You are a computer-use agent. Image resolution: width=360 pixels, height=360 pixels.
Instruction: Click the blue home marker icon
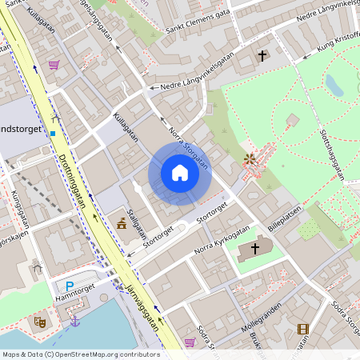pos(180,173)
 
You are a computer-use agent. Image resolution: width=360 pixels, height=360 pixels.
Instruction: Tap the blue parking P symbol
pos(70,286)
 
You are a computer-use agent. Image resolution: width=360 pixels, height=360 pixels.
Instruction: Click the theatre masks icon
pos(38,322)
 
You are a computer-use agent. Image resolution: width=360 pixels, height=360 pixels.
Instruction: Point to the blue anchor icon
pos(75,321)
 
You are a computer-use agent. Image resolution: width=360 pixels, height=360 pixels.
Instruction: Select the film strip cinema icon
pos(302,328)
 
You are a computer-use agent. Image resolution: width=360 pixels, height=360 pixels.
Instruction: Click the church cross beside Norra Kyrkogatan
pos(256,249)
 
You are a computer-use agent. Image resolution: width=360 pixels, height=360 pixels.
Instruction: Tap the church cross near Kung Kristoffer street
pos(262,55)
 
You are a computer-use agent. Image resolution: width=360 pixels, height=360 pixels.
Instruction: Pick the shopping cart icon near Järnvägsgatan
pos(190,342)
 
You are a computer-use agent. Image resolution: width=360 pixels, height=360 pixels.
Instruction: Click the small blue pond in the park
pos(334,85)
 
